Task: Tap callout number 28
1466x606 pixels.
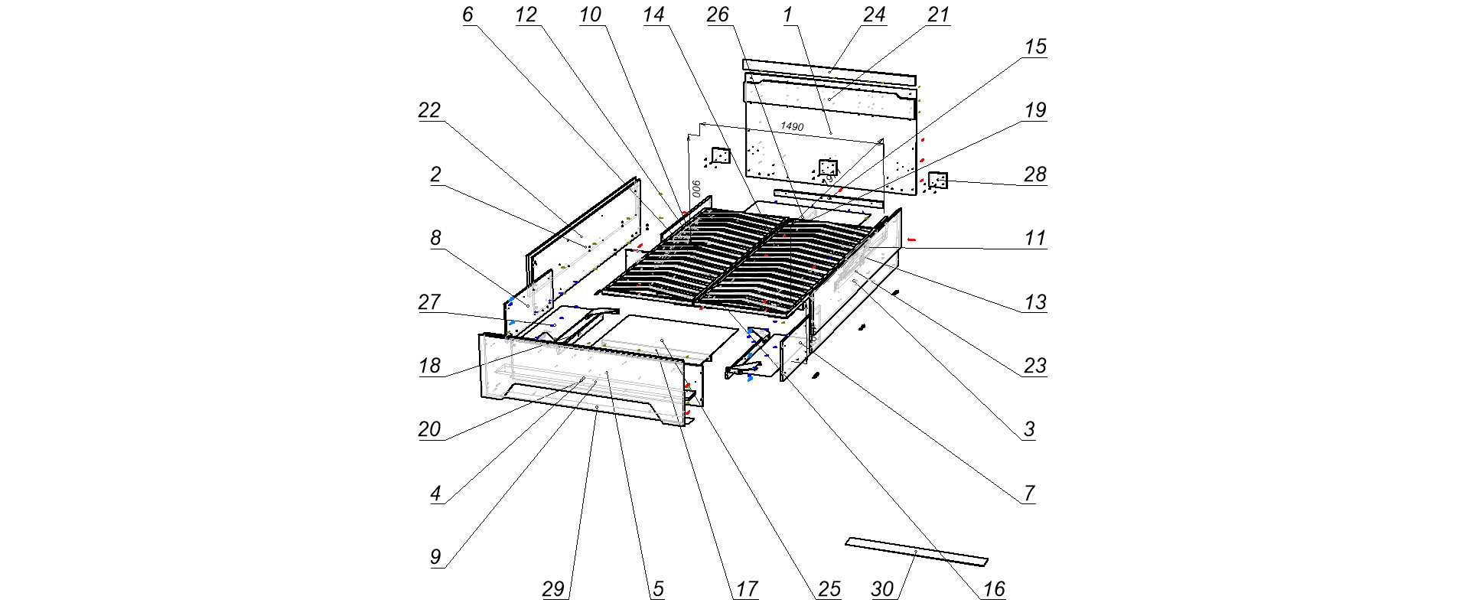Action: tap(1034, 174)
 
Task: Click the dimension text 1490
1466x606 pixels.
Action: tap(792, 126)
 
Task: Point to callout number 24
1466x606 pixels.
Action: tap(874, 15)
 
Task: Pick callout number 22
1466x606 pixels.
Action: tap(429, 110)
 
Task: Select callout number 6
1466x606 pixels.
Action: tap(468, 15)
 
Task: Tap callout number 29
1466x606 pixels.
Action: tap(553, 588)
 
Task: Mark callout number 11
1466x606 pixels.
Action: tap(1034, 238)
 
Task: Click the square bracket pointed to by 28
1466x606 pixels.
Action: tap(938, 180)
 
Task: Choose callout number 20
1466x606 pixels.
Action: tap(429, 428)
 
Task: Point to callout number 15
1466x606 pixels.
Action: tap(1034, 47)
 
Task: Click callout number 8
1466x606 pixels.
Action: tap(435, 238)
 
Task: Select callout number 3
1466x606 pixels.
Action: tap(1029, 428)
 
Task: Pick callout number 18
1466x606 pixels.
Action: tap(429, 365)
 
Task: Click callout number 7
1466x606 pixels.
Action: tap(1029, 493)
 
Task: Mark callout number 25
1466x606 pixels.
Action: tap(829, 588)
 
